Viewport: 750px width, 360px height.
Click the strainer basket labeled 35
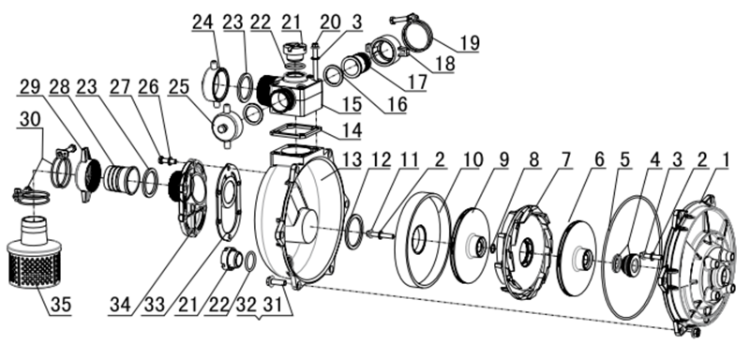(x=35, y=254)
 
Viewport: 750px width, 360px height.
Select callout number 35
(x=60, y=305)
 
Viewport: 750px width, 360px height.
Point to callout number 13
(x=353, y=159)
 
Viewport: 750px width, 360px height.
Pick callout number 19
(x=470, y=42)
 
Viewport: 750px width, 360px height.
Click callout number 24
(x=204, y=22)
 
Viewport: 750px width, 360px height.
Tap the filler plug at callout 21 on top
(x=292, y=52)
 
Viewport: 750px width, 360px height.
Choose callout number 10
(x=472, y=159)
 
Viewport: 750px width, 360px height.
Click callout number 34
(x=121, y=305)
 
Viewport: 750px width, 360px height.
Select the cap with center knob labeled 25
(x=224, y=126)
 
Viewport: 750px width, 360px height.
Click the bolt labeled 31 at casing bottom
(x=277, y=281)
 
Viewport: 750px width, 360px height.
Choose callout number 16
(x=397, y=104)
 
